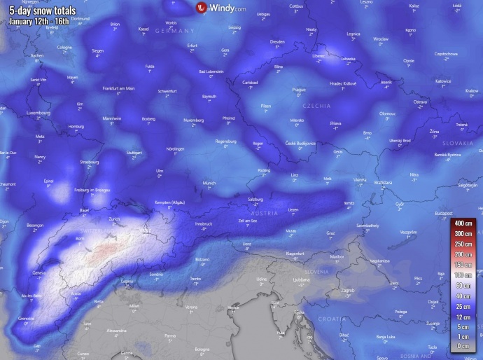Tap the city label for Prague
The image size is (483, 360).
point(300,90)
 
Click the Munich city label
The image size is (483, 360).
point(209,183)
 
